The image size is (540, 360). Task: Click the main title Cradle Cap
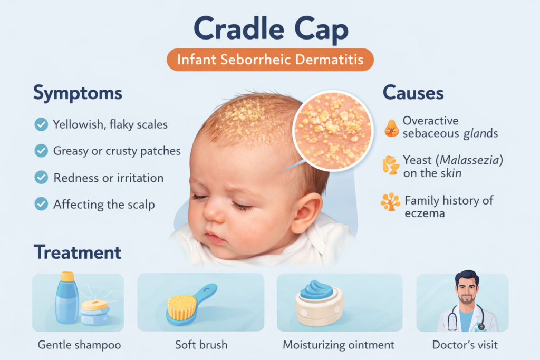pos(270,30)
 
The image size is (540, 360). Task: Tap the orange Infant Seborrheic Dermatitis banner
pos(270,60)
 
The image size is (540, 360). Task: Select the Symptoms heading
pos(78,93)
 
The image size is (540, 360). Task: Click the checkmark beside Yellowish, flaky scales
pos(41,125)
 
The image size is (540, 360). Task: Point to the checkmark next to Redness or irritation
pos(41,178)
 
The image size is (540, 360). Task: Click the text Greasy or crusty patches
pos(117,151)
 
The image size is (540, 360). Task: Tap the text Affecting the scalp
pos(104,204)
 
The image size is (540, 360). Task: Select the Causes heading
pos(413,93)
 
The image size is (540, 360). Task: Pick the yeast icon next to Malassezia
pos(391,165)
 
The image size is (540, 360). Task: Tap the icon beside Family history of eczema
pos(391,202)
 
